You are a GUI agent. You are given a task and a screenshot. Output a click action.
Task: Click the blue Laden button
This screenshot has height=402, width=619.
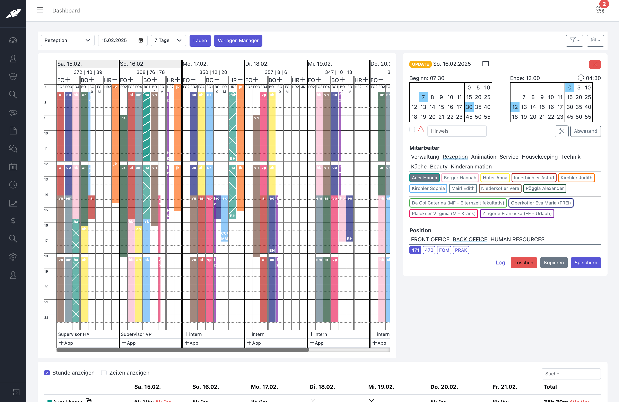pyautogui.click(x=200, y=41)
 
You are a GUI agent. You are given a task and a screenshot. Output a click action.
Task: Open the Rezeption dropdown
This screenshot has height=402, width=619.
pyautogui.click(x=67, y=40)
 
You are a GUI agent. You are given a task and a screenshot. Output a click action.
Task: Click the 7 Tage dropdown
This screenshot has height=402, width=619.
pyautogui.click(x=168, y=40)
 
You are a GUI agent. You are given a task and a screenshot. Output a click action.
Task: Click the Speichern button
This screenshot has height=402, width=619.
pyautogui.click(x=585, y=263)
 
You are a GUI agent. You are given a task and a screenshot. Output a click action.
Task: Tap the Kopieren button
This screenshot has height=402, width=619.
pyautogui.click(x=553, y=263)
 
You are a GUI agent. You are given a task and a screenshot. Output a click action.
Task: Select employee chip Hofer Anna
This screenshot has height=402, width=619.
pyautogui.click(x=495, y=178)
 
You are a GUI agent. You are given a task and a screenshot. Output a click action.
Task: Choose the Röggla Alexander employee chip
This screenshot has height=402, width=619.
pyautogui.click(x=544, y=188)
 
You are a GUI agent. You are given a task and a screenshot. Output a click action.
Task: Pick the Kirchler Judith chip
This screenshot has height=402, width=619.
pyautogui.click(x=576, y=178)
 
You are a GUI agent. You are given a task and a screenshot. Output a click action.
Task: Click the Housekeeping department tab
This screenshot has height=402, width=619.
pyautogui.click(x=539, y=157)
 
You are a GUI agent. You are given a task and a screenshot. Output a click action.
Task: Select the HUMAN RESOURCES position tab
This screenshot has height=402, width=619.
pyautogui.click(x=517, y=239)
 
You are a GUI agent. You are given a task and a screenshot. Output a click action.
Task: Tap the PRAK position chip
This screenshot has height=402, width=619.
pyautogui.click(x=461, y=250)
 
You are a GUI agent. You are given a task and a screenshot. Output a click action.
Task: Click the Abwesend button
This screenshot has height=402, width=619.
pyautogui.click(x=585, y=131)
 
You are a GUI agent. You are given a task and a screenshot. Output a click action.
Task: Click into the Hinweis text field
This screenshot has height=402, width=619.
pyautogui.click(x=457, y=131)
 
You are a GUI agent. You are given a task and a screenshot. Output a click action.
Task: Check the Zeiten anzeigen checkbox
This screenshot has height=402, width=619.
pyautogui.click(x=104, y=373)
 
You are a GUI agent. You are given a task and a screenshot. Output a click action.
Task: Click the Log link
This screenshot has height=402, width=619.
pyautogui.click(x=500, y=263)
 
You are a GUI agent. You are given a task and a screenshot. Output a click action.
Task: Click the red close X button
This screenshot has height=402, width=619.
pyautogui.click(x=595, y=64)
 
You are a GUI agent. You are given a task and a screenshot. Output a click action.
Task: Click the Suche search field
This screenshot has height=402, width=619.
pyautogui.click(x=571, y=374)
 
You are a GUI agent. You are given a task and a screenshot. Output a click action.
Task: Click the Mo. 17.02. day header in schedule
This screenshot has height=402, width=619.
pyautogui.click(x=195, y=64)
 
